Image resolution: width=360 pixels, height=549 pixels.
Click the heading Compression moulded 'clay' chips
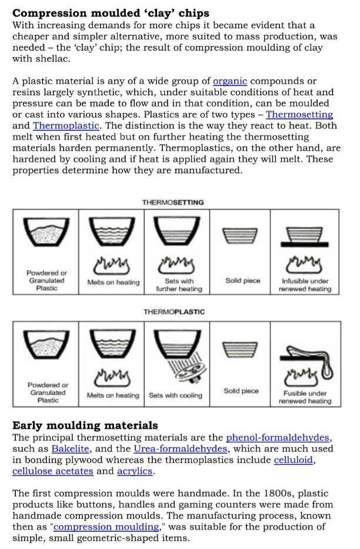coord(111,12)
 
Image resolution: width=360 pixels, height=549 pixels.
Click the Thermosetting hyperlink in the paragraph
coord(299,114)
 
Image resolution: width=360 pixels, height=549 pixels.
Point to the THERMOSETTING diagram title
coord(173,202)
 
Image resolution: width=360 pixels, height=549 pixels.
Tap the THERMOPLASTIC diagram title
coord(174,312)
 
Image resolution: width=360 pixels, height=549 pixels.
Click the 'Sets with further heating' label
coord(179,285)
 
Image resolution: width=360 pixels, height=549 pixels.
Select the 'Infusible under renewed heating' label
coord(305,285)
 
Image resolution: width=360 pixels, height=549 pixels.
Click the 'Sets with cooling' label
coord(175,395)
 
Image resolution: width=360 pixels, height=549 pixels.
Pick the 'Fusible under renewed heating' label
coord(305,397)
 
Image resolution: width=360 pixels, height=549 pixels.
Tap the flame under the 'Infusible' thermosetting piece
coord(305,261)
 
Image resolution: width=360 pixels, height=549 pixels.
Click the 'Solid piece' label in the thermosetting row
coord(242,281)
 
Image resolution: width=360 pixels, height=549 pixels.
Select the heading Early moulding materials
coord(85,425)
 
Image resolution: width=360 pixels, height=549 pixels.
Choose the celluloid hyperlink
coord(294,460)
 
